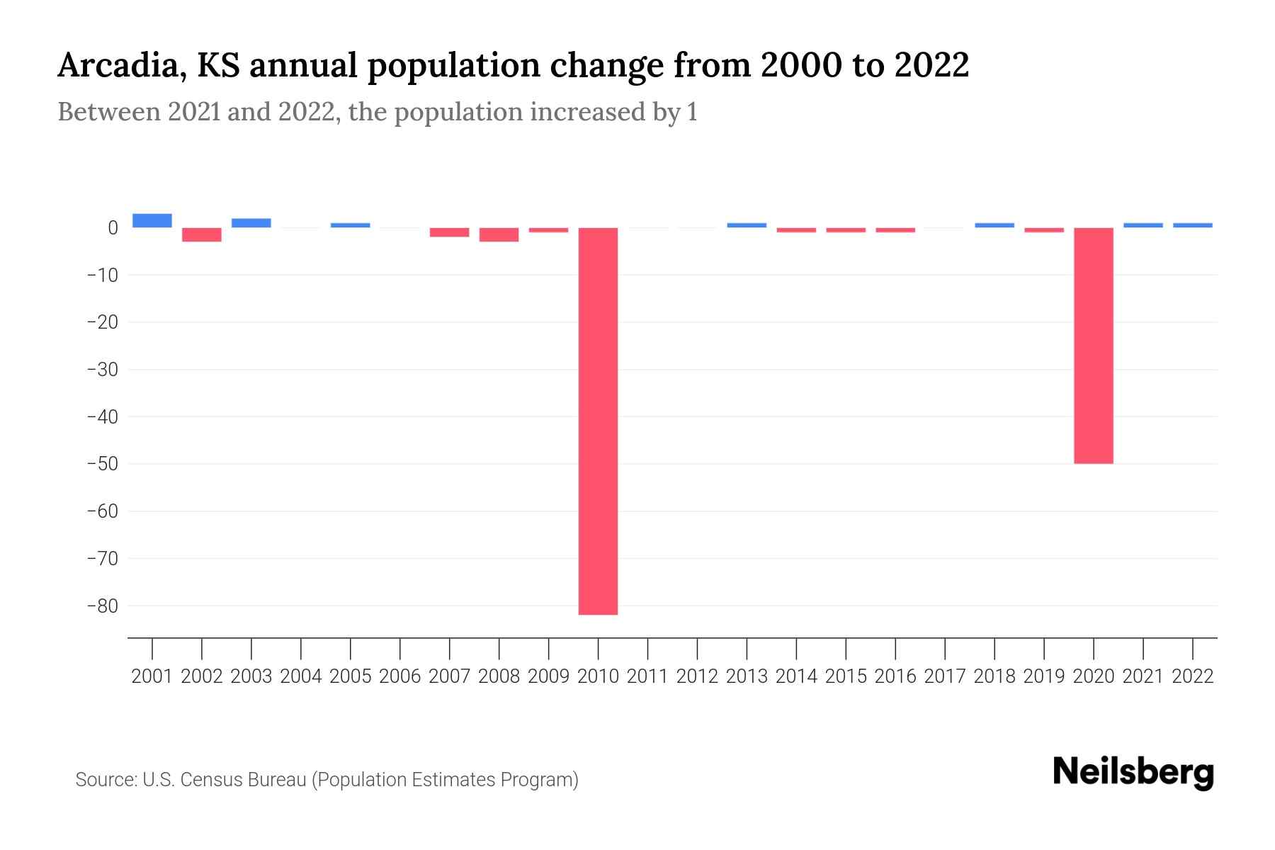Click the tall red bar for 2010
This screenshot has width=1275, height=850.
click(598, 421)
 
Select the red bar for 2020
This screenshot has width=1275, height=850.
click(1094, 346)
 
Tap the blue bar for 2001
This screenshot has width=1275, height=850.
click(152, 220)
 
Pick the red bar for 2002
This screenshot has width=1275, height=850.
click(202, 234)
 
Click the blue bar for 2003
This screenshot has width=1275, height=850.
click(251, 222)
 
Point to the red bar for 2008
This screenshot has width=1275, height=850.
click(499, 234)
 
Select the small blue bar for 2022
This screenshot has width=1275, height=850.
click(1193, 225)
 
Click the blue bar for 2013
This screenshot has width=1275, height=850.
click(747, 225)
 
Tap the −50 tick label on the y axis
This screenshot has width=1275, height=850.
click(102, 464)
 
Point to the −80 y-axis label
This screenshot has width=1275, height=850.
click(102, 606)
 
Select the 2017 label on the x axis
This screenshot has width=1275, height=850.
click(945, 676)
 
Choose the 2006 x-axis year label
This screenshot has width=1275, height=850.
click(400, 676)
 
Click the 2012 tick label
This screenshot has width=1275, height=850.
click(697, 676)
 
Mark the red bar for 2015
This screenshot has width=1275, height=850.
click(846, 230)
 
